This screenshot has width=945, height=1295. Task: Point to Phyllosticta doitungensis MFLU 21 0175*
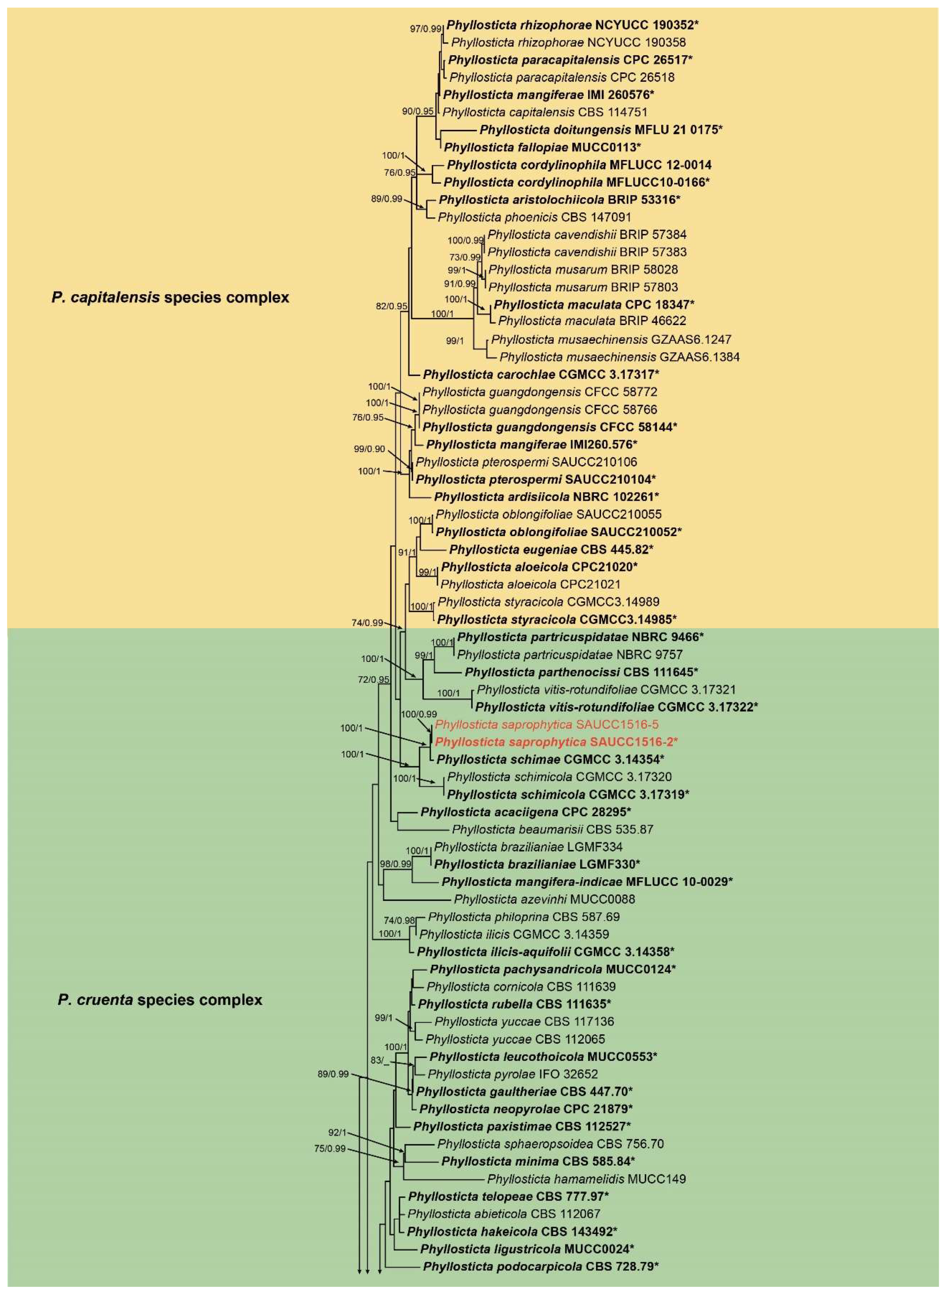pyautogui.click(x=601, y=129)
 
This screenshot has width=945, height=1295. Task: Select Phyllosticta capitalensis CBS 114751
pyautogui.click(x=545, y=112)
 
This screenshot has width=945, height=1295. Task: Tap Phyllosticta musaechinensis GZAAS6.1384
pyautogui.click(x=619, y=357)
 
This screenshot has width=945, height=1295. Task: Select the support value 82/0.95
pyautogui.click(x=391, y=306)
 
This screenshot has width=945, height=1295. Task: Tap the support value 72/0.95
pyautogui.click(x=374, y=679)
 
